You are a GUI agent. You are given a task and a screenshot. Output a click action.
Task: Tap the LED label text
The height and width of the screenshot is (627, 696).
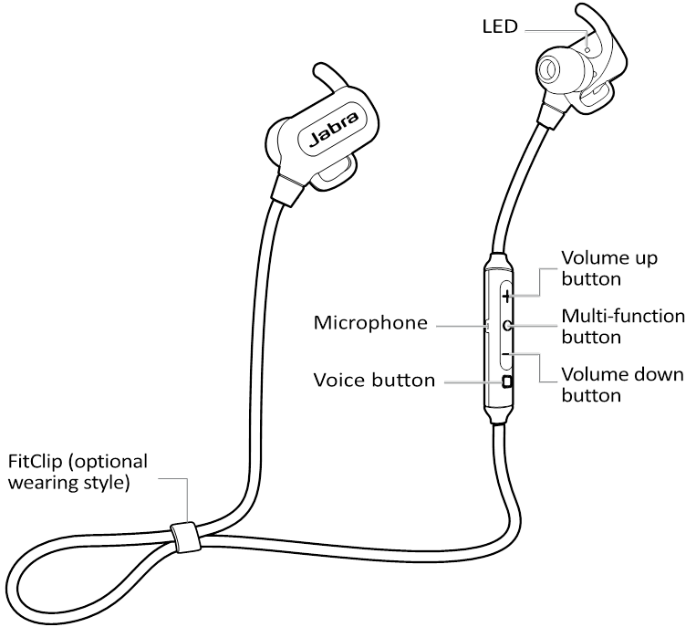pyautogui.click(x=500, y=26)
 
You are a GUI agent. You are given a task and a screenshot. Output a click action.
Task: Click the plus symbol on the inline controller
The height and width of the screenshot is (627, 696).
pyautogui.click(x=506, y=295)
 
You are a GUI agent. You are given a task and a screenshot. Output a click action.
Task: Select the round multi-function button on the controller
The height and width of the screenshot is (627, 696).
pyautogui.click(x=506, y=325)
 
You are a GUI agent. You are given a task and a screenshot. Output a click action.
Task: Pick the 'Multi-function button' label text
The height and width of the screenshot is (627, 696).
pyautogui.click(x=623, y=326)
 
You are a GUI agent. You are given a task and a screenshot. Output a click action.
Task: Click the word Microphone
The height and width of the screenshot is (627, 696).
pyautogui.click(x=370, y=323)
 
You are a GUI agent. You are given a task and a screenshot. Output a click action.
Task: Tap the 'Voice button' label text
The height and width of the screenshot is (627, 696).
pyautogui.click(x=374, y=380)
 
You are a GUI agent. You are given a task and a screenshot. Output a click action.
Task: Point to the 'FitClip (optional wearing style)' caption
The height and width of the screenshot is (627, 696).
pyautogui.click(x=77, y=472)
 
